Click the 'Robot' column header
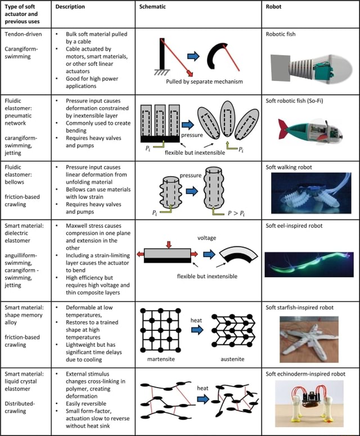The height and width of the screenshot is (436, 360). click(x=276, y=7)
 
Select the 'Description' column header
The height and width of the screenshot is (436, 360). click(x=70, y=7)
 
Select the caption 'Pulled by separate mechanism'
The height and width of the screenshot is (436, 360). click(x=204, y=82)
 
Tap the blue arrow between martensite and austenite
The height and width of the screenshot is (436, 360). click(x=197, y=330)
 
